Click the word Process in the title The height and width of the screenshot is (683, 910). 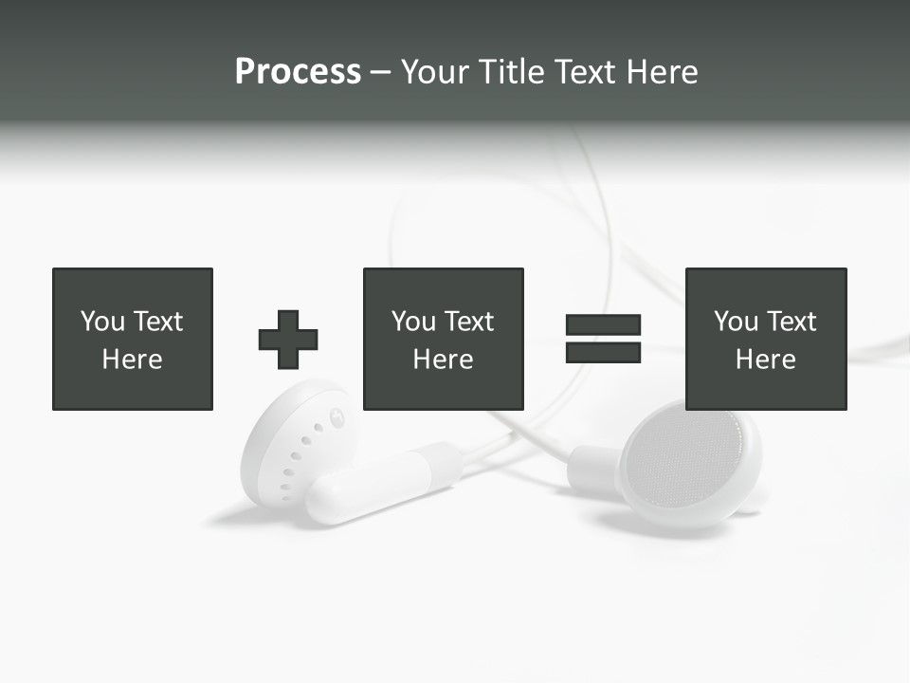[x=298, y=72]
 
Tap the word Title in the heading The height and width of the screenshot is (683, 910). [x=510, y=72]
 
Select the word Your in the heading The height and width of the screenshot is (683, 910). [x=436, y=72]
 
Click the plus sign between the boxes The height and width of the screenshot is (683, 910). [x=288, y=340]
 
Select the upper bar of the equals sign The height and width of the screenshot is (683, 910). [x=603, y=325]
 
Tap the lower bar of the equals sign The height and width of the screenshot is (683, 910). [x=603, y=353]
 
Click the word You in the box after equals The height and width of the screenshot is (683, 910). [x=736, y=322]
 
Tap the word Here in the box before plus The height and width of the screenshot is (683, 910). [x=133, y=360]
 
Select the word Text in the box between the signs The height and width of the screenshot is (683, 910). [x=469, y=322]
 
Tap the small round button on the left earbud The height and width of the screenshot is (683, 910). [x=337, y=415]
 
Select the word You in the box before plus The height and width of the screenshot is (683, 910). [x=102, y=322]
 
